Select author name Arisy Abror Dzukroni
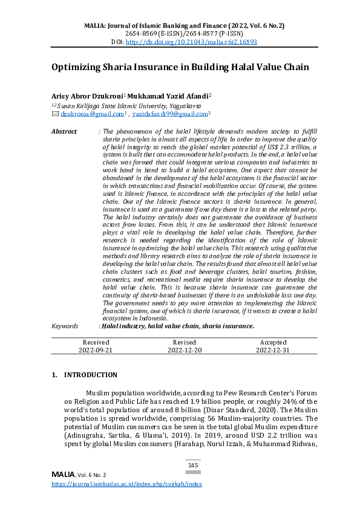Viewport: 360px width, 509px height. coord(87,96)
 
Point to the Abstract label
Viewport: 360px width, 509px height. coord(64,131)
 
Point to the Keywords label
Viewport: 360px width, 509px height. coord(65,326)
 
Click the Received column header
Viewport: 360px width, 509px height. coord(96,342)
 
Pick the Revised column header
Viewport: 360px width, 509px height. coord(184,342)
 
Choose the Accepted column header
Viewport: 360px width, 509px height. coord(272,342)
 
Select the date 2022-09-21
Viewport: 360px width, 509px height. coord(96,349)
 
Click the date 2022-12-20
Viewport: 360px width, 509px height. coord(184,349)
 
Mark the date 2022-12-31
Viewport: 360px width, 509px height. coord(272,349)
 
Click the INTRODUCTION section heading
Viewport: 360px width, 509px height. coord(90,375)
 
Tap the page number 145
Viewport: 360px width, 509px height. coord(193,465)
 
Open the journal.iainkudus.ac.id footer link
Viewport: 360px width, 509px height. coord(126,484)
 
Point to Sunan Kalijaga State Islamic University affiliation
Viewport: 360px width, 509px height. coord(129,105)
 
